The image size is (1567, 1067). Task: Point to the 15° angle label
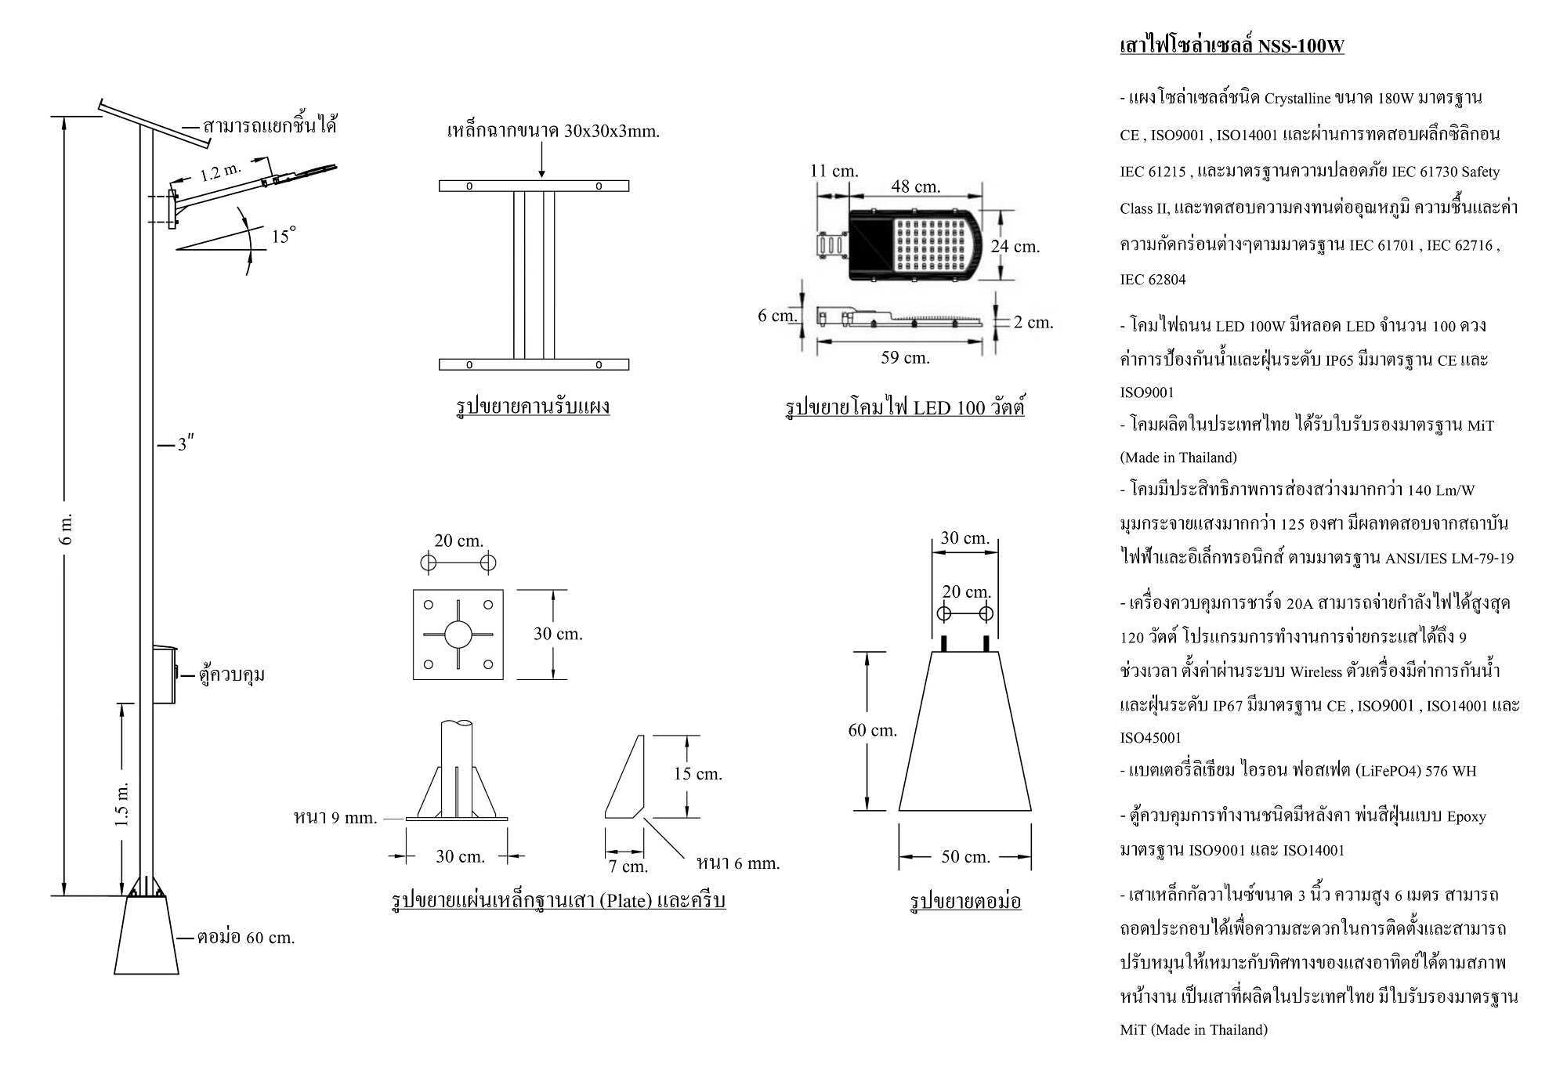(x=284, y=236)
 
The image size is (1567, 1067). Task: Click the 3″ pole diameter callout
(x=185, y=445)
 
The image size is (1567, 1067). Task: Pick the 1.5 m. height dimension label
(x=121, y=804)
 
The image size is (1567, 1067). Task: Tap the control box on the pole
(x=164, y=674)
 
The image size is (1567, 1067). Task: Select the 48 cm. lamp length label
(x=915, y=186)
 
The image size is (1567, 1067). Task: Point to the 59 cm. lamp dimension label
(x=905, y=358)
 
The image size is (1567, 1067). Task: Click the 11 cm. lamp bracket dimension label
(x=834, y=171)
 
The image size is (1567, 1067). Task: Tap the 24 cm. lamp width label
(x=1015, y=246)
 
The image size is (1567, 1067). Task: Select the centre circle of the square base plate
(x=458, y=634)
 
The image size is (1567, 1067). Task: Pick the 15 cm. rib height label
(x=697, y=774)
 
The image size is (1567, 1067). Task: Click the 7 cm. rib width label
(x=628, y=866)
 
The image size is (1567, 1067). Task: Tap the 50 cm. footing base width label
(x=965, y=857)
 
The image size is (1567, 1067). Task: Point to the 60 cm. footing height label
(x=872, y=730)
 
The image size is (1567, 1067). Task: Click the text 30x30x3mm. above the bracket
(x=612, y=132)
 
